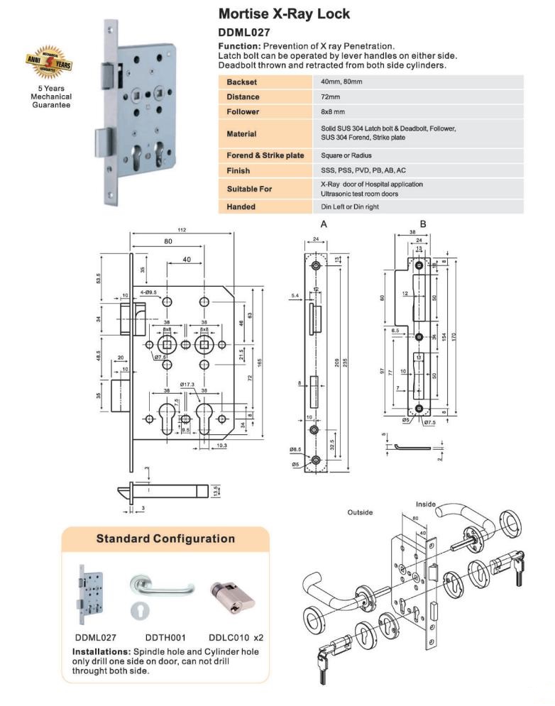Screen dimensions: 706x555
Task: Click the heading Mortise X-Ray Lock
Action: tap(284, 13)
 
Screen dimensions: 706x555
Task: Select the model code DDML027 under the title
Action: tap(245, 32)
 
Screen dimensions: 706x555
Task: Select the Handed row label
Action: tap(241, 206)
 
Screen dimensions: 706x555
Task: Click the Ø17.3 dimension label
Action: tap(187, 385)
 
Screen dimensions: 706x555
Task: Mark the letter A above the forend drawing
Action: tap(324, 224)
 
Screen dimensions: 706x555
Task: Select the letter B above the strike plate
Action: tap(423, 224)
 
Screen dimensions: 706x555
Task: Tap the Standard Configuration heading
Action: tap(165, 539)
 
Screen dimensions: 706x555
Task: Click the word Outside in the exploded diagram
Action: tap(360, 512)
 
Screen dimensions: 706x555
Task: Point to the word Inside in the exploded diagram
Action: tap(426, 504)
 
